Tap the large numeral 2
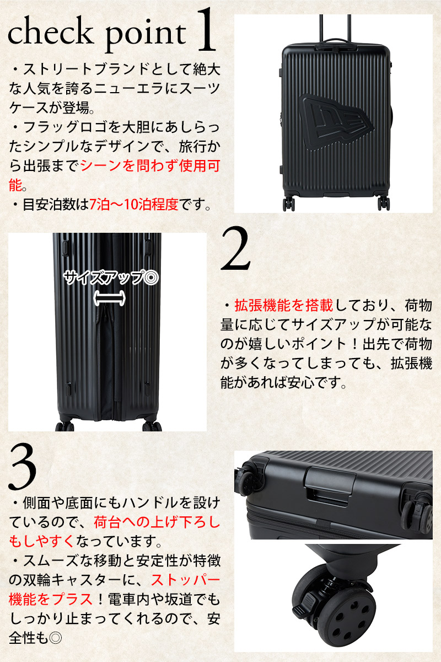coord(235,248)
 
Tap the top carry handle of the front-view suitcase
coord(334,41)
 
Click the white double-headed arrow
coord(109,298)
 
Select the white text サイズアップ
coord(102,278)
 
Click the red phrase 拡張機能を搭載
coord(284,306)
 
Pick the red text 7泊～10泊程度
coord(134,204)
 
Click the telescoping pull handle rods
coord(335,26)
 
